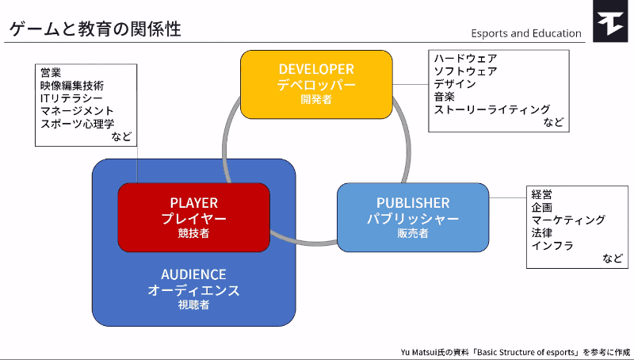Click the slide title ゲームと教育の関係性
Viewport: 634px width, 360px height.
pyautogui.click(x=95, y=29)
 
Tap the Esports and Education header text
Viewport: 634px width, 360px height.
pyautogui.click(x=525, y=33)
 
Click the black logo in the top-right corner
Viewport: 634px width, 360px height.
pyautogui.click(x=613, y=21)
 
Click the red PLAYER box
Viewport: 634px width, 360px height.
pyautogui.click(x=193, y=217)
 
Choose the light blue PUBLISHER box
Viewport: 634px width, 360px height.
pyautogui.click(x=412, y=217)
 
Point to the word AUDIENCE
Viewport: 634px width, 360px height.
pyautogui.click(x=193, y=274)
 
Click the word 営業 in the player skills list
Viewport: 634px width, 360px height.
pyautogui.click(x=51, y=72)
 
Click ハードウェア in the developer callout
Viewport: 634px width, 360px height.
pyautogui.click(x=464, y=59)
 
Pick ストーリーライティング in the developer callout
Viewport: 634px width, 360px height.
pyautogui.click(x=491, y=109)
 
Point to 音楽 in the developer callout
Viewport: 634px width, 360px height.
pyautogui.click(x=444, y=97)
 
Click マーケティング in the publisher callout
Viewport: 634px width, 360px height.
pyautogui.click(x=568, y=220)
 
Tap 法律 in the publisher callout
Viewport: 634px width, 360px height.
pyautogui.click(x=542, y=232)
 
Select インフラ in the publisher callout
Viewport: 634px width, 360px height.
pyautogui.click(x=552, y=245)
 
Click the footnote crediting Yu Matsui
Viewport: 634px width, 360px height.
pyautogui.click(x=515, y=350)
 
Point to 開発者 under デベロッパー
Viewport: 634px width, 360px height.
pyautogui.click(x=315, y=100)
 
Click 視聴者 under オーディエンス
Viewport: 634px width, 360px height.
pyautogui.click(x=193, y=304)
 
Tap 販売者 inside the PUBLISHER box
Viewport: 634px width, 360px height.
pyautogui.click(x=412, y=233)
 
